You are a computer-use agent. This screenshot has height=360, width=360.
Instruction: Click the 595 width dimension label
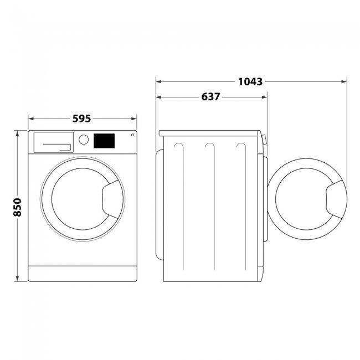click(81, 118)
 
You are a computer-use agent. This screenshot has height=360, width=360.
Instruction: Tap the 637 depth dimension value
click(210, 97)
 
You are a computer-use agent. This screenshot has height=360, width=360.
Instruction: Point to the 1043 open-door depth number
click(250, 81)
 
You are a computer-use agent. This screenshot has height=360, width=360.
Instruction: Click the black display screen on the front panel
click(104, 141)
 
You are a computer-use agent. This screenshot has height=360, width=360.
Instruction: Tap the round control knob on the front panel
click(83, 140)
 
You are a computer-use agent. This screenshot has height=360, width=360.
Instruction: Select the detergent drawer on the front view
click(53, 142)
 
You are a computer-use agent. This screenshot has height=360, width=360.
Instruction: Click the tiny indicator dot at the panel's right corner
click(132, 135)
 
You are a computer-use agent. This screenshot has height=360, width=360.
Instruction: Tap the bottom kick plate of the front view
click(81, 273)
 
